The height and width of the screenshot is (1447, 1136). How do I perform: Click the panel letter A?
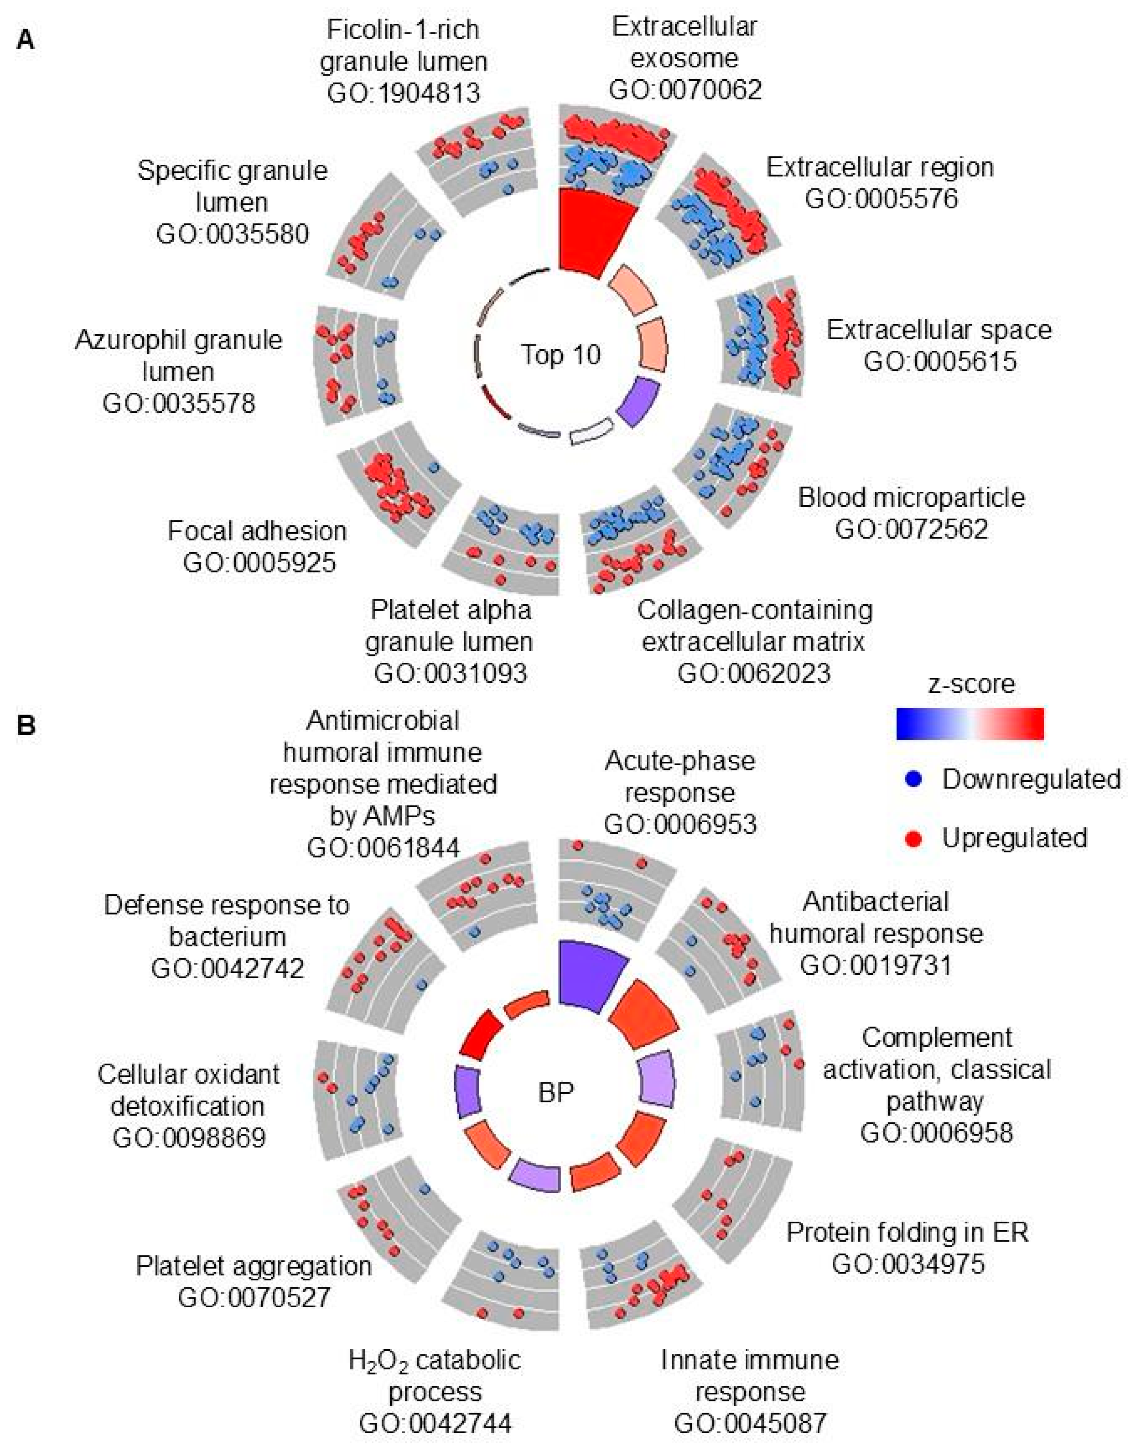[x=25, y=41]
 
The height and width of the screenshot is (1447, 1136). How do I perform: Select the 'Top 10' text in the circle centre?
[x=561, y=355]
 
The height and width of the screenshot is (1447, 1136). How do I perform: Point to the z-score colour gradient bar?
[x=970, y=724]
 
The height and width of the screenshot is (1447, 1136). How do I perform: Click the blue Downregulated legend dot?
[x=914, y=780]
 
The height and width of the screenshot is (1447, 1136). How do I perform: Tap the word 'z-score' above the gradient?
[x=971, y=684]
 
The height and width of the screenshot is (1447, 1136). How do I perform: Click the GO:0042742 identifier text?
[x=228, y=968]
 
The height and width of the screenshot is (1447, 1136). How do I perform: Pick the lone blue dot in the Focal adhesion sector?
[x=434, y=467]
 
